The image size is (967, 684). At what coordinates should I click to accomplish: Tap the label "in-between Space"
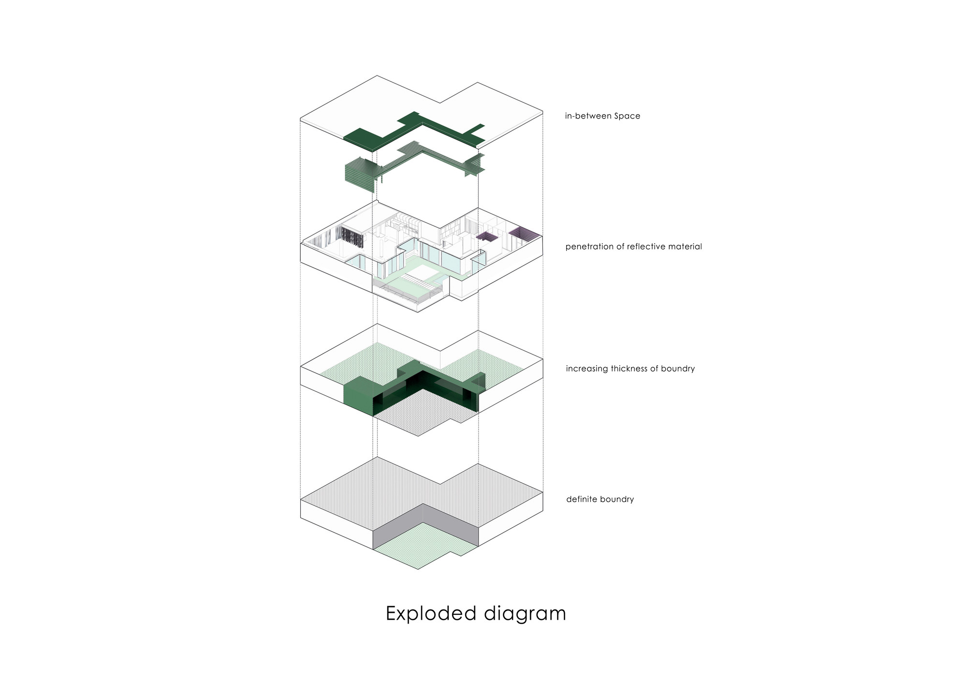(x=602, y=116)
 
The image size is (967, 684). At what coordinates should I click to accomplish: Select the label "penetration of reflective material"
(x=633, y=247)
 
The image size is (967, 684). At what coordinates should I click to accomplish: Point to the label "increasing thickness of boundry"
(x=630, y=369)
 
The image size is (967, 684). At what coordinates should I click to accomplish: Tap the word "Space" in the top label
(x=627, y=116)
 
